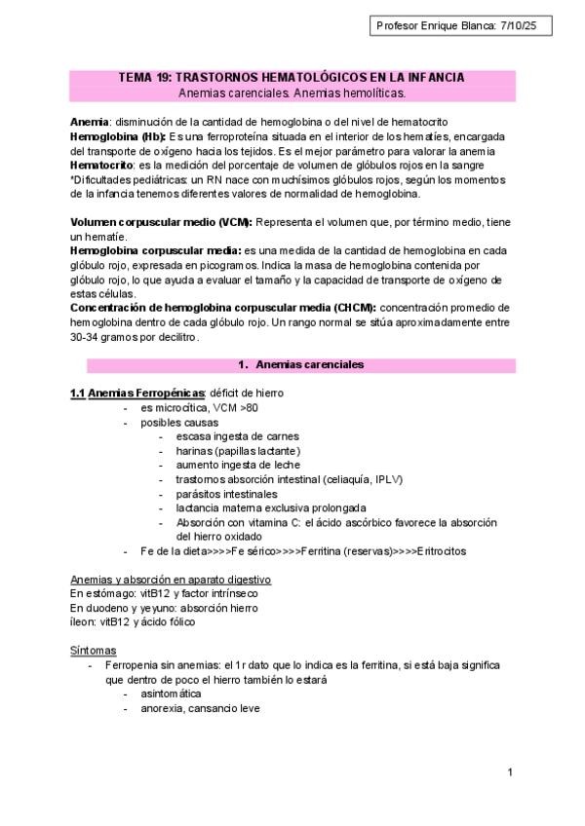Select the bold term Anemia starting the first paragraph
click(90, 121)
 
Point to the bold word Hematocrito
click(101, 167)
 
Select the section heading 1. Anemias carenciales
click(301, 364)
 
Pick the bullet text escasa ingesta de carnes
click(237, 436)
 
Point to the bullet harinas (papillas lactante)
click(238, 451)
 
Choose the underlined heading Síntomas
click(94, 650)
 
